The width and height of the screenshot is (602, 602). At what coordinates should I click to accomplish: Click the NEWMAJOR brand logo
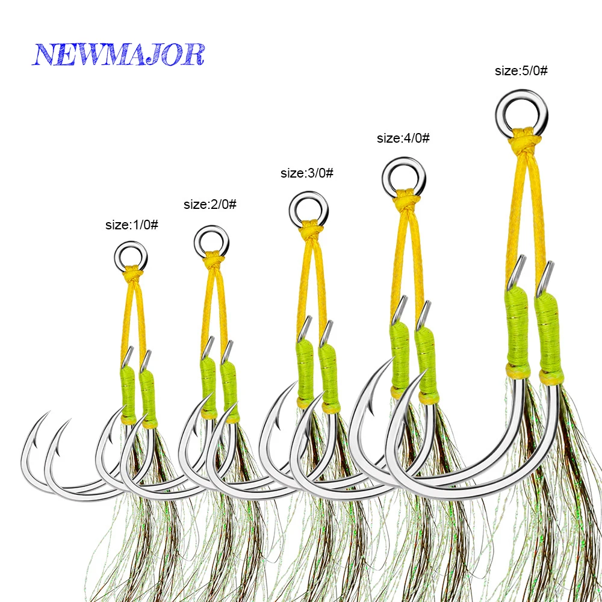coord(118,54)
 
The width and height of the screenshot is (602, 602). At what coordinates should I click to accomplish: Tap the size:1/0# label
coord(132,225)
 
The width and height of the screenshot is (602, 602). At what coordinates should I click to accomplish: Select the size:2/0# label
coord(210,204)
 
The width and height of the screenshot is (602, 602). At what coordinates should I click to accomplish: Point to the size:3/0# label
coord(307,173)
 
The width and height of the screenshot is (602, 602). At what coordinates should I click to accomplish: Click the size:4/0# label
coord(403,138)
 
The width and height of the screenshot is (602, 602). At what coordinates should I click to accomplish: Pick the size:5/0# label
coord(521,70)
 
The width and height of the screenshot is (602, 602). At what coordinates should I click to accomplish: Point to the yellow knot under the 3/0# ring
coord(310,228)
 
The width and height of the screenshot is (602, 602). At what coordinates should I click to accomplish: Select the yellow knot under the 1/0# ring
coord(133,273)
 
